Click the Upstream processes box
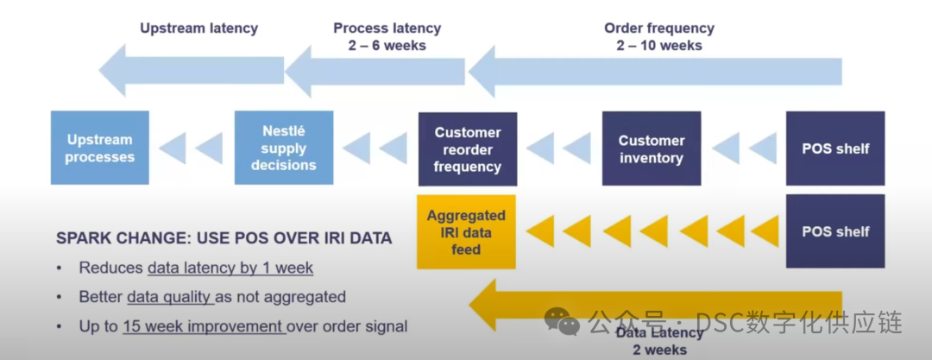pos(99,148)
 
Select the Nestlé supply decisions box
pos(284,148)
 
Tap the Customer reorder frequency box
pos(468,149)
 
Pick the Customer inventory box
pos(652,149)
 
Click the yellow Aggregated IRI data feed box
pos(466,232)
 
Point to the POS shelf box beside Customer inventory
pos(835,148)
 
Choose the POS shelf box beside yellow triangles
pos(835,231)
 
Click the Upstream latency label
pos(199,28)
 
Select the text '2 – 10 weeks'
pos(659,45)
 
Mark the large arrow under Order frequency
pos(656,72)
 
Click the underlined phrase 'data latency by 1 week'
pos(230,268)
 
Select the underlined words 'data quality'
pos(169,297)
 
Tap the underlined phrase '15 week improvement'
pos(204,326)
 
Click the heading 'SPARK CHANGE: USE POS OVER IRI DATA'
pos(224,238)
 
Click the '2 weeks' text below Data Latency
pos(658,350)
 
